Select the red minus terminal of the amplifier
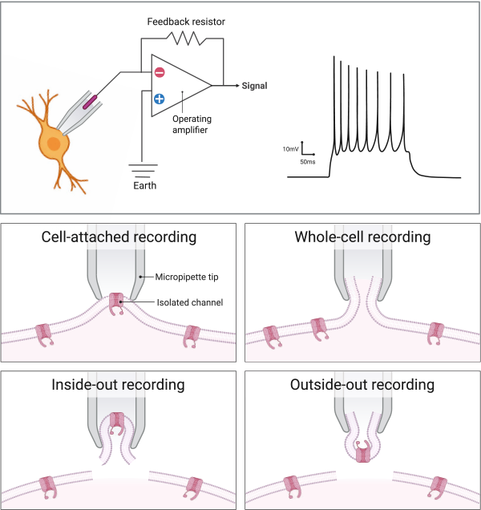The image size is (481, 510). (x=160, y=73)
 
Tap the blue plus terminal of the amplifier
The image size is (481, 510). (x=160, y=99)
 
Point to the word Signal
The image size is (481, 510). (x=255, y=86)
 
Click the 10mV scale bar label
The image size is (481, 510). (x=292, y=149)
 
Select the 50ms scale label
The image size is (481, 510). (x=307, y=161)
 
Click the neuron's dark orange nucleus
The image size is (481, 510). (x=53, y=144)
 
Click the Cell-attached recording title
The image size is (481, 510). (x=119, y=237)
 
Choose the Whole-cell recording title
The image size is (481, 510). (x=362, y=237)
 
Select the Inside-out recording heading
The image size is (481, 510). (x=119, y=385)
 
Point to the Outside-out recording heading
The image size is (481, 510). (x=362, y=385)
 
